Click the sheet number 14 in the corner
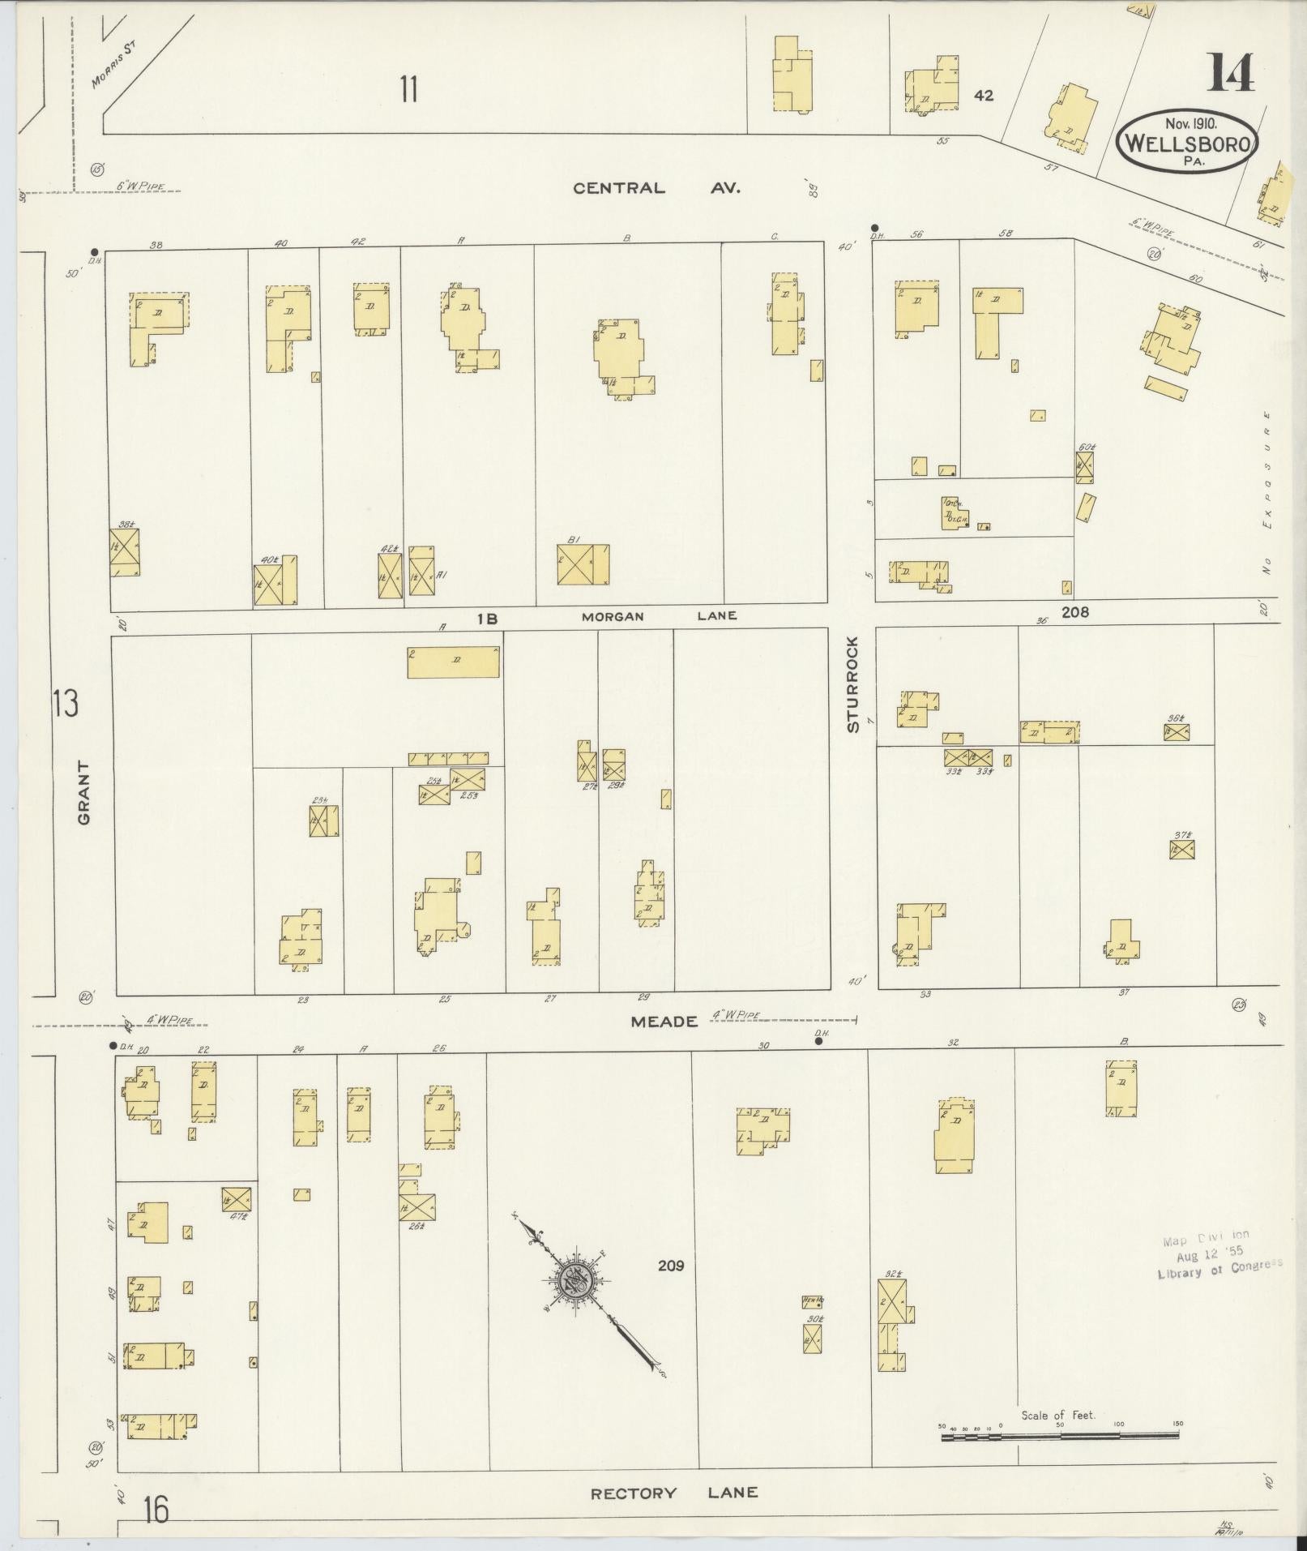1230,73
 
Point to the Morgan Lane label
659,616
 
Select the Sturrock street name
852,685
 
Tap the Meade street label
664,1022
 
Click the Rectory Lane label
674,1493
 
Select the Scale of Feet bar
1059,1437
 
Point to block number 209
671,1266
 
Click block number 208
1075,612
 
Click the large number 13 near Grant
65,703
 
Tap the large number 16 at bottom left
156,1510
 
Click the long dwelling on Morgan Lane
453,662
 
